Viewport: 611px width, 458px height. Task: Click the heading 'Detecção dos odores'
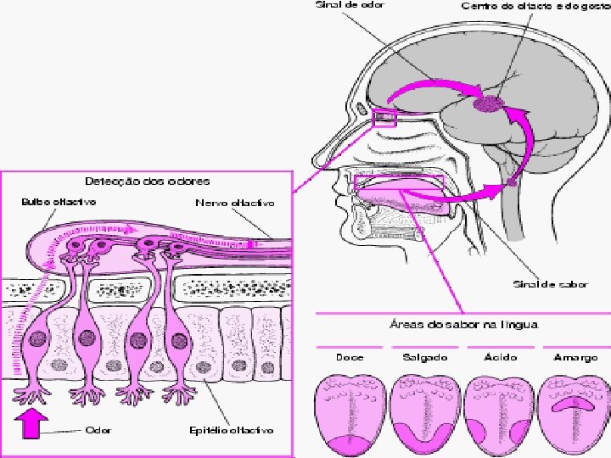point(147,181)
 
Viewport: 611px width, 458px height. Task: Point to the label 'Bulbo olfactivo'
point(59,202)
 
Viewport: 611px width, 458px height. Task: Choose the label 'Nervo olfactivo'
point(235,204)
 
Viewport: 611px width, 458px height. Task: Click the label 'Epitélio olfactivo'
point(231,430)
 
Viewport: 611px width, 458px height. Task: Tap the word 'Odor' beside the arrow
point(97,430)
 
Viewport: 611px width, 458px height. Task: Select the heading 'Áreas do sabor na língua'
point(463,324)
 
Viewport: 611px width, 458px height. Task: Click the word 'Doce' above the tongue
point(350,358)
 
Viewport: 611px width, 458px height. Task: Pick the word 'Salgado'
point(426,358)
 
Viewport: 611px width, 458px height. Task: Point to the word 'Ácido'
point(501,358)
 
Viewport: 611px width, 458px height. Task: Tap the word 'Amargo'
point(575,358)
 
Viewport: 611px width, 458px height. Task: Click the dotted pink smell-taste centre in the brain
point(488,103)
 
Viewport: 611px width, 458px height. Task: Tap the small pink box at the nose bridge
point(384,117)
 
